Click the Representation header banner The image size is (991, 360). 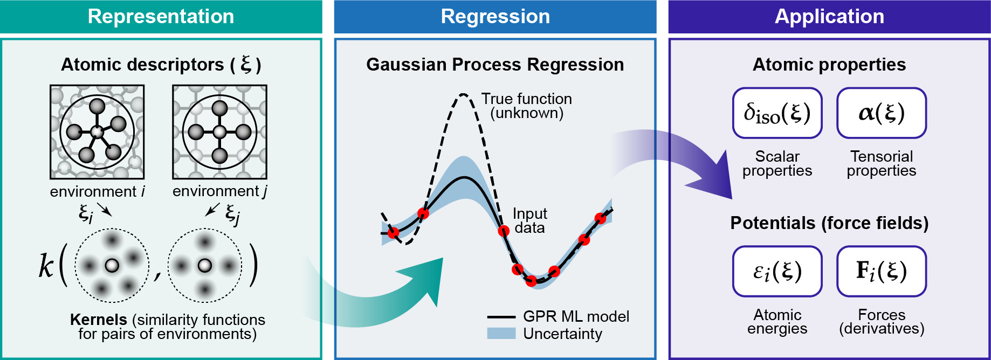tap(161, 17)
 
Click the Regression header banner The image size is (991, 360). tap(495, 17)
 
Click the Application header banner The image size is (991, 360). tap(829, 17)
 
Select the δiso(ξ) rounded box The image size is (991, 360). tap(777, 113)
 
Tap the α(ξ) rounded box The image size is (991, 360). tap(881, 113)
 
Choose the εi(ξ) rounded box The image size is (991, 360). tap(777, 271)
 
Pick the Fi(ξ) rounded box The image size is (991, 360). tap(881, 271)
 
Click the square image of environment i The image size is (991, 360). tap(97, 132)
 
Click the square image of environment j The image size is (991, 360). tap(219, 132)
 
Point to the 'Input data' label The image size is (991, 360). tap(529, 221)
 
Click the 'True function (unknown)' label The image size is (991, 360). tap(526, 106)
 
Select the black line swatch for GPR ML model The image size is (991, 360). tap(501, 317)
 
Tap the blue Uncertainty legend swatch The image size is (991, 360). tap(501, 334)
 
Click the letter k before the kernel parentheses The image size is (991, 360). tap(46, 265)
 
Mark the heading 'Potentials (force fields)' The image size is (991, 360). tap(829, 223)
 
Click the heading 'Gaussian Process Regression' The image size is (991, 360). tap(495, 65)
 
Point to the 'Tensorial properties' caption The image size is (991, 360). tap(881, 163)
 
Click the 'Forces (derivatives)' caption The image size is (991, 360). tap(882, 322)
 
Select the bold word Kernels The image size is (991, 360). tap(99, 320)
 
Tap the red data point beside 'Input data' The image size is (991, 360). tap(504, 231)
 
